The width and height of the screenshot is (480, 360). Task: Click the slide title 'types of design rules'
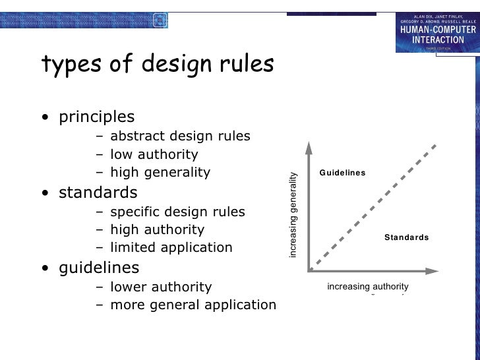coord(157,65)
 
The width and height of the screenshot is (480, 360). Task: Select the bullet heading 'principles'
coord(97,117)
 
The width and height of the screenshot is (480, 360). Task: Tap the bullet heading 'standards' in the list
coord(98,193)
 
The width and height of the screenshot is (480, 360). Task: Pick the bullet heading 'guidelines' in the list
coord(99,268)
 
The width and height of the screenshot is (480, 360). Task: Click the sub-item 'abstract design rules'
coord(180,136)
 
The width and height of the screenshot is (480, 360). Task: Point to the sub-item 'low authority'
coord(154,155)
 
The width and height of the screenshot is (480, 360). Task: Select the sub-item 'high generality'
coord(160,173)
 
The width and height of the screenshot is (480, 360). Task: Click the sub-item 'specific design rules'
coord(177,212)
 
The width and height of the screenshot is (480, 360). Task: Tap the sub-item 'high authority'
coord(157,230)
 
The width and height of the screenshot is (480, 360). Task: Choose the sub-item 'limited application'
coord(171,249)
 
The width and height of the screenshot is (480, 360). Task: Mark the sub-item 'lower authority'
coord(160,287)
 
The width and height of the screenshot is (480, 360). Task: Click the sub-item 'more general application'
coord(193,305)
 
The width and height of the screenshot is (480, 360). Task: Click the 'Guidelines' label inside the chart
coord(342,173)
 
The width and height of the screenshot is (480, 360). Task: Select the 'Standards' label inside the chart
coord(406,237)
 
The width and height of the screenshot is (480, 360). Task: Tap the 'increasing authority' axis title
coord(368,287)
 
